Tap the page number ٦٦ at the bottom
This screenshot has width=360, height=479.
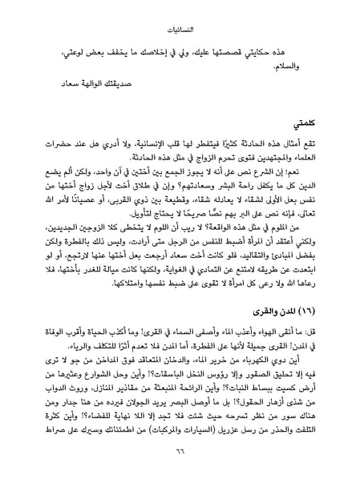(x=180, y=457)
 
